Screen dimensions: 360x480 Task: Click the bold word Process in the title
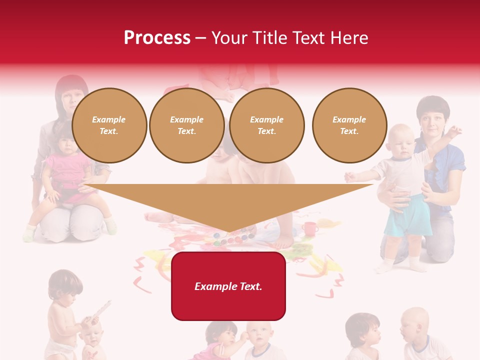[x=157, y=38]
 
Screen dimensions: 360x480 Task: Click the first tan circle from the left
[x=109, y=125]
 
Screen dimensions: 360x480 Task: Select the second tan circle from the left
[x=186, y=125]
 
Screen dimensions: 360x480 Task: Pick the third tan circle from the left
[x=266, y=125]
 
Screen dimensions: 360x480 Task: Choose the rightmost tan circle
[x=349, y=125]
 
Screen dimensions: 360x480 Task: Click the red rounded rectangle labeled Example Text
[x=228, y=286]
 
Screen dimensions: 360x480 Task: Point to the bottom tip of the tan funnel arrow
[x=229, y=232]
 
